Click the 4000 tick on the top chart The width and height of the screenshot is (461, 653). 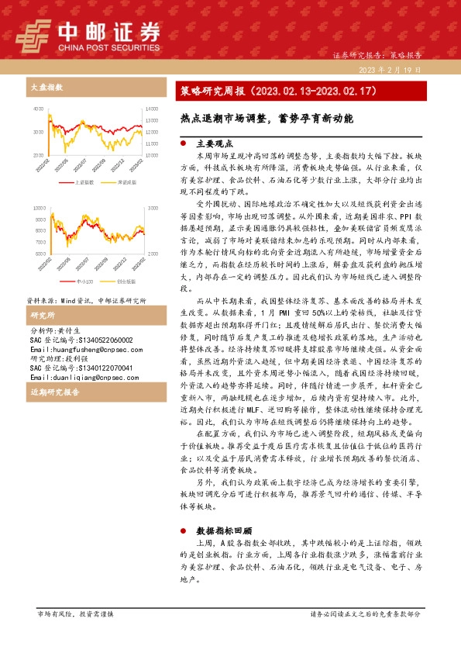coord(39,109)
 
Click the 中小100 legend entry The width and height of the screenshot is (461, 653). coord(86,282)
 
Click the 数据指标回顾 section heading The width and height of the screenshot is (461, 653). coord(224,530)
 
